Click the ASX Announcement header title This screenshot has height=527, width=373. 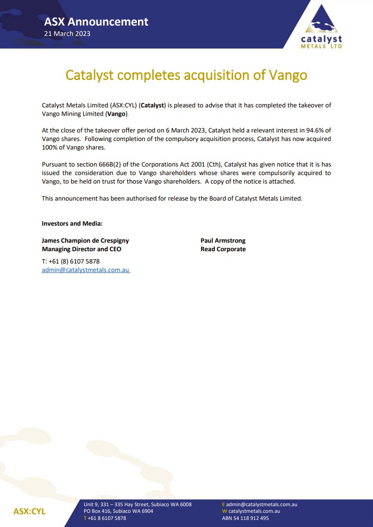pos(96,22)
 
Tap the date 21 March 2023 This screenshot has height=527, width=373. pos(67,34)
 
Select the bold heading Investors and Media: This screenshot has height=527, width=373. pos(72,223)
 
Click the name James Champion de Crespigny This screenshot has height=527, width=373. pos(85,240)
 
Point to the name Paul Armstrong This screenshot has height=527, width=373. pos(223,240)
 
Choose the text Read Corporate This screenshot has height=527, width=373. pos(223,249)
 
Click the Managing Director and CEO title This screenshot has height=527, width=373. pos(81,249)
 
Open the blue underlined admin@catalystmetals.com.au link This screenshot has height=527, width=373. pos(86,270)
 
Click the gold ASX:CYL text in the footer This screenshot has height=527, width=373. pos(29,512)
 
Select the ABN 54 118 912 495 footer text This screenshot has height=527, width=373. pos(245,518)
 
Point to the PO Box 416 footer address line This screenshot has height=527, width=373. pos(118,511)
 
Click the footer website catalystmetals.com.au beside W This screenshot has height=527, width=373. pos(254,511)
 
